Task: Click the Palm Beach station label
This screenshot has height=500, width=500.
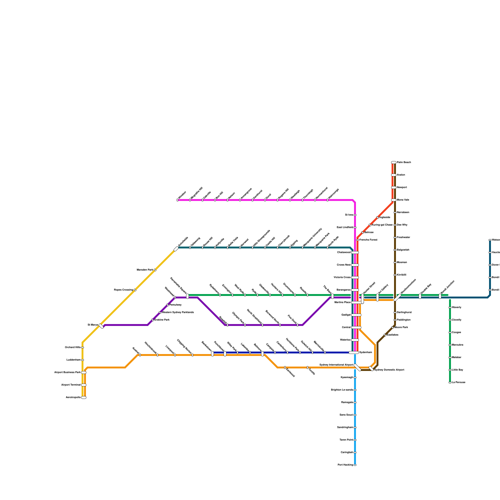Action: tap(404, 162)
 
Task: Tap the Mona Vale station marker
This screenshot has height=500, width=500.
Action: tap(394, 200)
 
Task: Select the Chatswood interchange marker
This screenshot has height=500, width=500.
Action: tap(355, 252)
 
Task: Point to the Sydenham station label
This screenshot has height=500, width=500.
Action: tap(366, 352)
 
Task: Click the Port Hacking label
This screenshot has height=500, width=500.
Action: tap(345, 465)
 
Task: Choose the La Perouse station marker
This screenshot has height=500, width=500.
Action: tap(450, 382)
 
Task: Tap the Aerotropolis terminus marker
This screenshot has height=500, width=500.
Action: tap(84, 397)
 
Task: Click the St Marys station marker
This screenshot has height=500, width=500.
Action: tap(101, 326)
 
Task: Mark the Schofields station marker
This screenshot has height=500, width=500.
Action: tap(176, 249)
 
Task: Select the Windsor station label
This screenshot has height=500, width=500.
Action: tap(182, 195)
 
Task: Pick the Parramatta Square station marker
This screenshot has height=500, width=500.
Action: tap(187, 296)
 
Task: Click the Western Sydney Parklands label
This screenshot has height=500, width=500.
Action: tap(178, 312)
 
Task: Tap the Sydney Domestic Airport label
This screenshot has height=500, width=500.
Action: tap(389, 370)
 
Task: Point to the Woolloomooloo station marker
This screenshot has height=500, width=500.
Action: tap(397, 297)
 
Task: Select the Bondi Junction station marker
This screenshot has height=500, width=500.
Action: tap(440, 296)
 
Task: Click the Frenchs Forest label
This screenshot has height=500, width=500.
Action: tap(368, 240)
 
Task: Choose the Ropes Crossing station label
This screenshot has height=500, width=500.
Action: tap(123, 290)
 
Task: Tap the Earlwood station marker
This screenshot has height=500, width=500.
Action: tap(285, 367)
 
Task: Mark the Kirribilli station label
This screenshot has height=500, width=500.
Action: tap(402, 275)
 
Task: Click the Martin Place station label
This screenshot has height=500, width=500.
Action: tap(342, 302)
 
